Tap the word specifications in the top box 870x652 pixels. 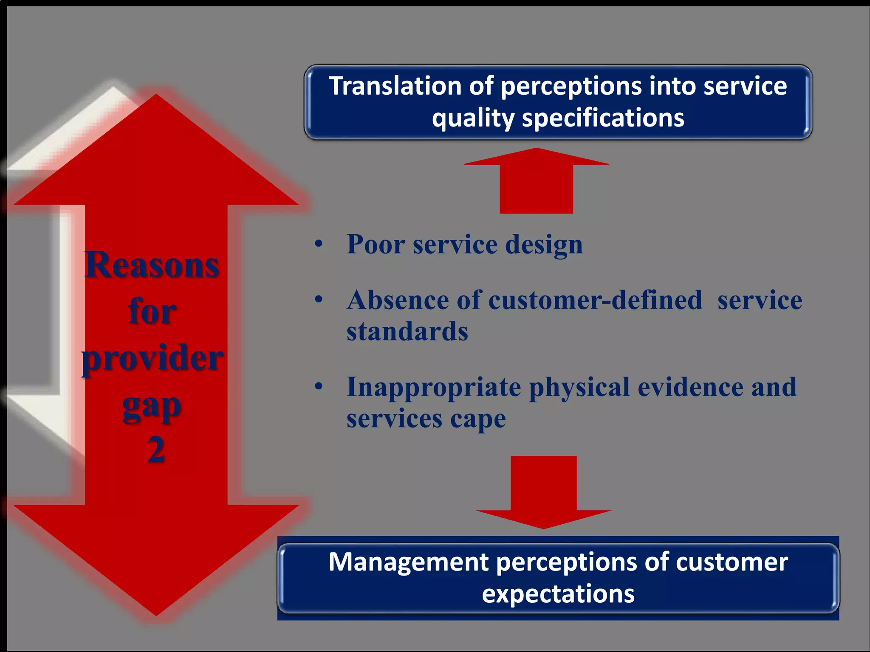[x=603, y=118]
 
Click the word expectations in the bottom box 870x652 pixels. [x=558, y=594]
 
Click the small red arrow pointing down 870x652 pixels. [x=544, y=492]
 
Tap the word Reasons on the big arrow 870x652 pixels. [x=152, y=265]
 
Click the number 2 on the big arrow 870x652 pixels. [x=156, y=450]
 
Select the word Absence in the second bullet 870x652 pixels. [x=398, y=301]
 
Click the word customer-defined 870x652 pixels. [x=595, y=301]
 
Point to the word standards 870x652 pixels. [x=407, y=332]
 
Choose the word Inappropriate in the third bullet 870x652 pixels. [x=433, y=388]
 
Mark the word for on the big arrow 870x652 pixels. [x=152, y=312]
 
